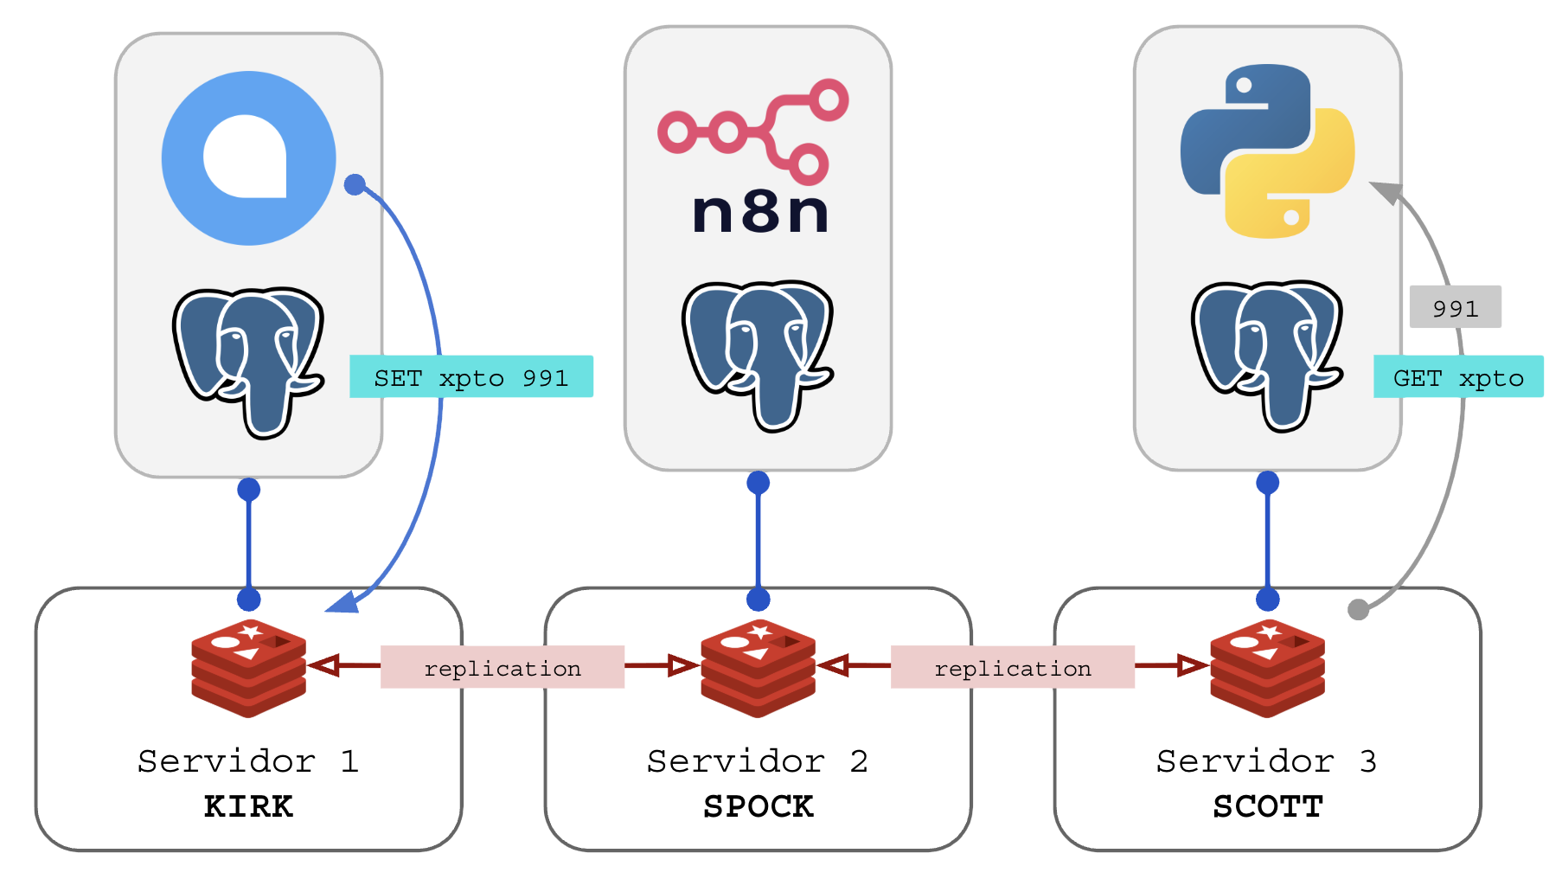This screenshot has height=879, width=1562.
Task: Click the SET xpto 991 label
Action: (x=471, y=377)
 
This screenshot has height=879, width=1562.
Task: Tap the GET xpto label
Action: (x=1458, y=377)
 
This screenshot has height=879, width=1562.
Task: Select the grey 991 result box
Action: (x=1455, y=307)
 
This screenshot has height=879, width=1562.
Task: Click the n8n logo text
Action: (x=760, y=212)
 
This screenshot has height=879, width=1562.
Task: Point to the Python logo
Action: (x=1267, y=151)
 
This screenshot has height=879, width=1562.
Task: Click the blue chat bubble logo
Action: (x=248, y=158)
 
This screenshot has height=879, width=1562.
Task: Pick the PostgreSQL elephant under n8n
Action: (x=758, y=355)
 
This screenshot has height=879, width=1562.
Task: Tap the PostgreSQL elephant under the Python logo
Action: (x=1267, y=355)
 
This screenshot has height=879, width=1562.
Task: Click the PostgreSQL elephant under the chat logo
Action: (x=248, y=362)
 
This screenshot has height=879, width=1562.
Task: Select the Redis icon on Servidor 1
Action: (x=248, y=667)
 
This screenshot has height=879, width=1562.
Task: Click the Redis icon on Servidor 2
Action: (x=758, y=667)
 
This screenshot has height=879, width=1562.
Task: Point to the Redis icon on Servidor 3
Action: (x=1267, y=667)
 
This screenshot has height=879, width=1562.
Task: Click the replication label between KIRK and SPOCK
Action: (x=503, y=667)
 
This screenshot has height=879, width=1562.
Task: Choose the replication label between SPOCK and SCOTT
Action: (x=1013, y=667)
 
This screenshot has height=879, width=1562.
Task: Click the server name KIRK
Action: (x=248, y=806)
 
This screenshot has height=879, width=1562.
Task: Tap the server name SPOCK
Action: (x=758, y=806)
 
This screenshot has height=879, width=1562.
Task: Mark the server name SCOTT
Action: (x=1267, y=806)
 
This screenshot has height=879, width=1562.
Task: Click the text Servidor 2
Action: (x=758, y=761)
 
